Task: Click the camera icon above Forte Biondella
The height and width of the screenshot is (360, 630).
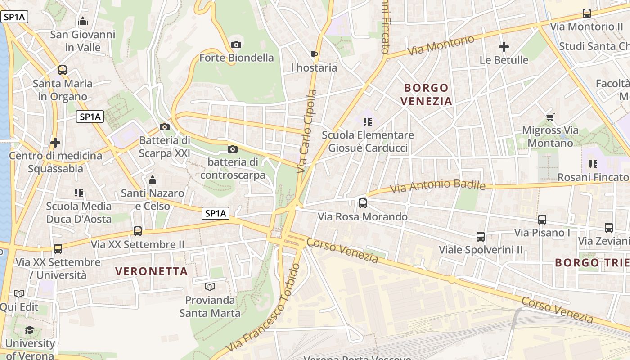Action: point(236,45)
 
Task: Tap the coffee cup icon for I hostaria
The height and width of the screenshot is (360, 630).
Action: point(314,55)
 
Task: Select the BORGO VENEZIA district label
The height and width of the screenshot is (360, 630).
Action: point(426,94)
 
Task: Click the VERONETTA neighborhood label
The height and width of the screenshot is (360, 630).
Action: point(151,271)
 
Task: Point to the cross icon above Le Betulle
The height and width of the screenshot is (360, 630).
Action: point(504,47)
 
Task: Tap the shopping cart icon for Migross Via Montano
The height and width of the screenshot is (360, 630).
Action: point(550,117)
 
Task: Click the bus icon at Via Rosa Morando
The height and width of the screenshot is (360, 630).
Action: point(363,203)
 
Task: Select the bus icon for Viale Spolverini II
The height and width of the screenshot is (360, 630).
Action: point(481,236)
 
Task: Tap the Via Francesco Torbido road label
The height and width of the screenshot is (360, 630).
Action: point(263,310)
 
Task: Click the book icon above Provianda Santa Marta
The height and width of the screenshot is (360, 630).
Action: point(209,287)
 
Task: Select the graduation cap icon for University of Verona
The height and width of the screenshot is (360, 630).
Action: point(30,330)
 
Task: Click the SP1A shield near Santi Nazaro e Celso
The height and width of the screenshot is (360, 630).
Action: point(215,214)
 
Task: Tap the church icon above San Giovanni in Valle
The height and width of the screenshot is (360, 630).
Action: point(83,21)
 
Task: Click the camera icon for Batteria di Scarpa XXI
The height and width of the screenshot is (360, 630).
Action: point(165,127)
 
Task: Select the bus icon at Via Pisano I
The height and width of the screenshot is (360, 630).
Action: point(542,220)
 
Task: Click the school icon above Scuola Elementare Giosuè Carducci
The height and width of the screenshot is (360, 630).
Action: point(368,121)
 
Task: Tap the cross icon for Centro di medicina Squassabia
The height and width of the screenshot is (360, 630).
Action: point(55,143)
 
